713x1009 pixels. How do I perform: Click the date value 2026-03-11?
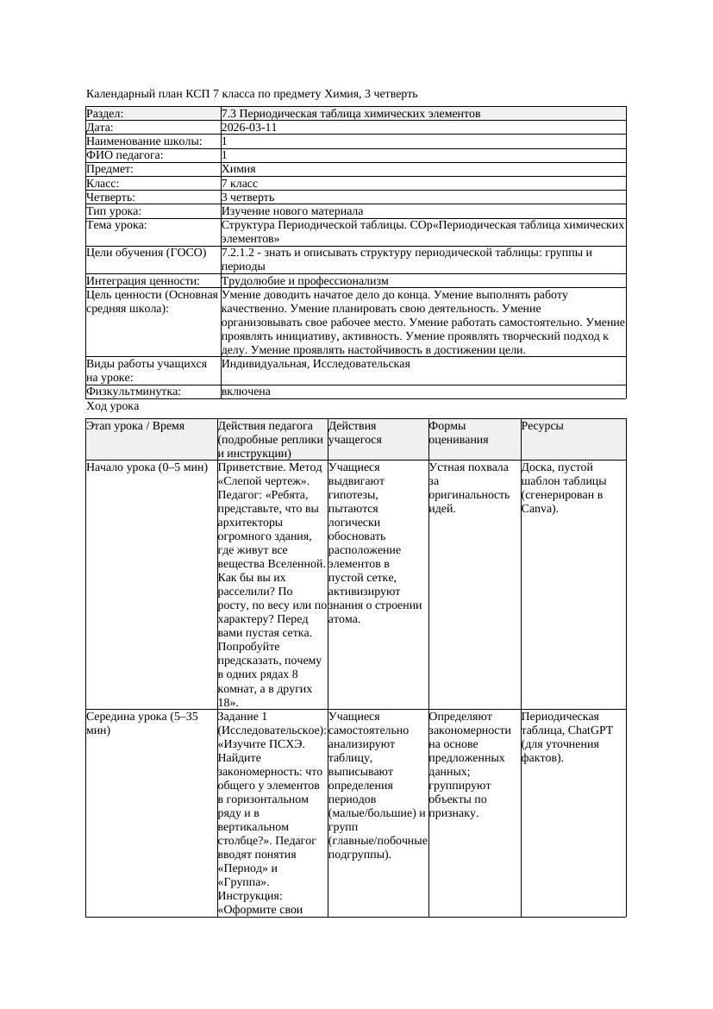tap(249, 127)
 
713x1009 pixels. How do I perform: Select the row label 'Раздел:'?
tap(105, 113)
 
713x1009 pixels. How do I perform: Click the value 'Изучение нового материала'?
tap(292, 211)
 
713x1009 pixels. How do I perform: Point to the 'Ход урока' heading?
tap(113, 405)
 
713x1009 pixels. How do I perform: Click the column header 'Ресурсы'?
tap(542, 426)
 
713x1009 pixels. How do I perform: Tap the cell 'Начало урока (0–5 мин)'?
tap(147, 467)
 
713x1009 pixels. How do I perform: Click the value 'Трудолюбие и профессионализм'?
tap(304, 281)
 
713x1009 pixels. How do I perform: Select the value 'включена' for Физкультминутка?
tap(246, 392)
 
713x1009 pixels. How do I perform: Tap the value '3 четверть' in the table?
tap(247, 197)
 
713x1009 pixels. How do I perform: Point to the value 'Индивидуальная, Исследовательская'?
tap(316, 364)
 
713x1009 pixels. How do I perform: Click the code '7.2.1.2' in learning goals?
tap(241, 253)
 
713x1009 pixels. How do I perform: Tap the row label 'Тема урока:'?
tap(116, 225)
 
